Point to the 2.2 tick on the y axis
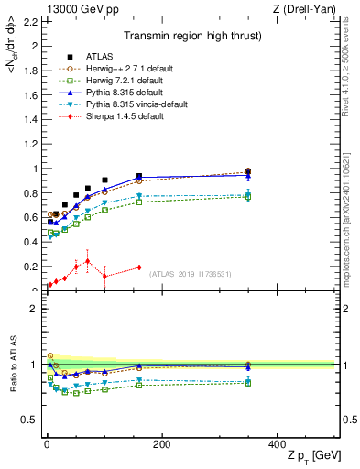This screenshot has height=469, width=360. pyautogui.click(x=30, y=21)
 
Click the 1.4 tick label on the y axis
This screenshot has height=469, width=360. pyautogui.click(x=30, y=119)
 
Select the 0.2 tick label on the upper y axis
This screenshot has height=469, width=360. pyautogui.click(x=30, y=267)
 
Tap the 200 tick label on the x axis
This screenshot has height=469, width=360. pyautogui.click(x=162, y=444)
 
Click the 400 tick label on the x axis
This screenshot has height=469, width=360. pyautogui.click(x=278, y=444)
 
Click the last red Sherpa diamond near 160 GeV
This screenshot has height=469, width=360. pyautogui.click(x=139, y=267)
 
